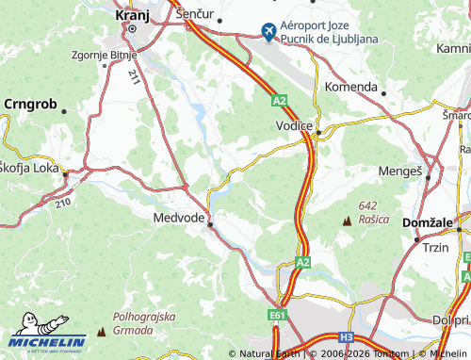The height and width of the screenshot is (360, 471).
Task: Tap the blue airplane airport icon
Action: (x=269, y=33)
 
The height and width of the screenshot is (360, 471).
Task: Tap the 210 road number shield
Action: (x=63, y=201)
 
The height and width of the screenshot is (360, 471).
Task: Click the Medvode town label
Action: (x=178, y=217)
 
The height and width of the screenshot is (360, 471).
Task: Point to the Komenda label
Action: (x=350, y=87)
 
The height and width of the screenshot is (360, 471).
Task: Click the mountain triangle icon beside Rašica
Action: (x=348, y=220)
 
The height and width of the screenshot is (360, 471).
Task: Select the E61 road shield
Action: (x=277, y=312)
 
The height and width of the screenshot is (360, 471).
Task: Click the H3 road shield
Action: (x=347, y=335)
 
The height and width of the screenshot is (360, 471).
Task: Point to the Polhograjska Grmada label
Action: (x=142, y=325)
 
